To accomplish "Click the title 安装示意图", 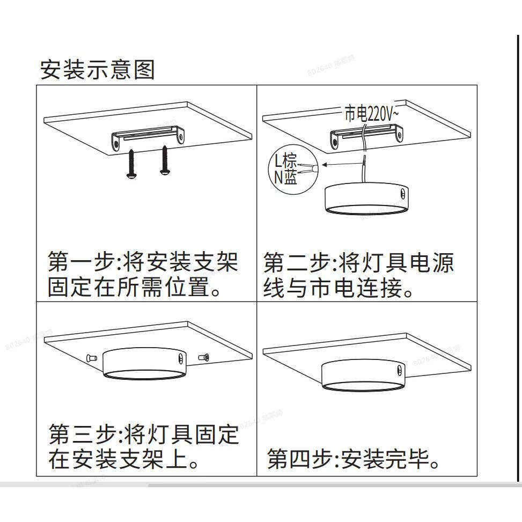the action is [x=98, y=70].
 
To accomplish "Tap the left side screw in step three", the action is [x=90, y=357].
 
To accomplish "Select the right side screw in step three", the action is [x=203, y=357].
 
